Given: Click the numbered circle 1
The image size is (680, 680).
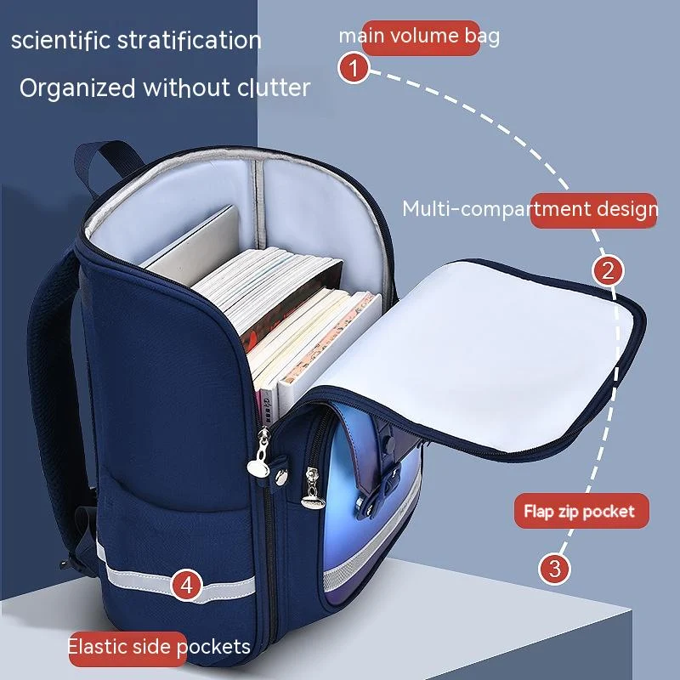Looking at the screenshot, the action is point(353,68).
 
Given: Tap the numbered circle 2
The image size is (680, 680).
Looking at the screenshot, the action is point(607,272).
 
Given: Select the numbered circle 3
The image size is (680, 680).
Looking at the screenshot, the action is point(553,568).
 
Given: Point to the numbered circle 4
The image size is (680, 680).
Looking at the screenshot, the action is point(186,585).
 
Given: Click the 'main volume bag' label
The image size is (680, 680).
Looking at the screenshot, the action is point(419,37).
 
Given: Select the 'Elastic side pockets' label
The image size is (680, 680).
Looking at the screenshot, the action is point(159,646).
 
